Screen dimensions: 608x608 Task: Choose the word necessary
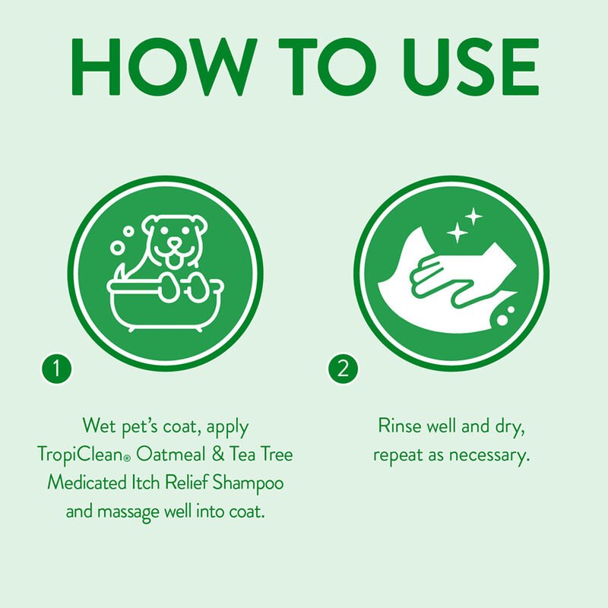click(490, 454)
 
